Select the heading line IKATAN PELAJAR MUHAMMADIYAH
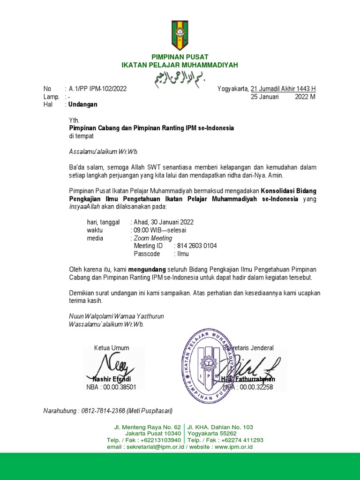pos(180,65)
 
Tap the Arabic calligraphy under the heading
pos(180,78)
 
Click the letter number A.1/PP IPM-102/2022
pos(97,89)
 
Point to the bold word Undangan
pos(83,105)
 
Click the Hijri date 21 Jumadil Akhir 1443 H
pos(284,89)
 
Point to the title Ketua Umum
pos(112,348)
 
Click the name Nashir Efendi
pos(112,379)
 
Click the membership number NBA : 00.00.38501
pos(112,387)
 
